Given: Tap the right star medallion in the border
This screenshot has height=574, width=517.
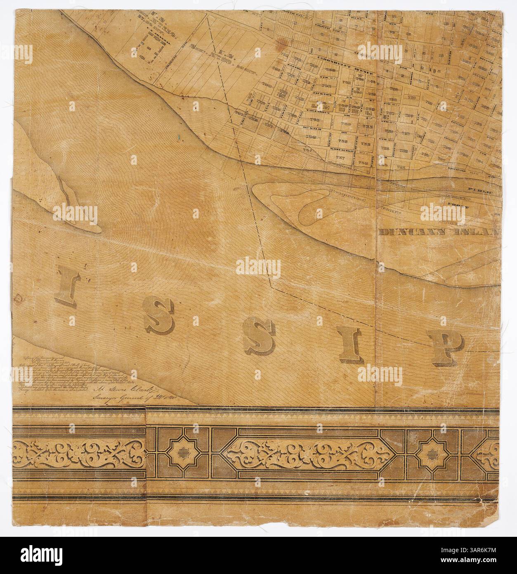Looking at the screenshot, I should coord(433,453).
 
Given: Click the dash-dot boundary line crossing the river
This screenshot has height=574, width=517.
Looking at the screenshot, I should coord(264,252).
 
